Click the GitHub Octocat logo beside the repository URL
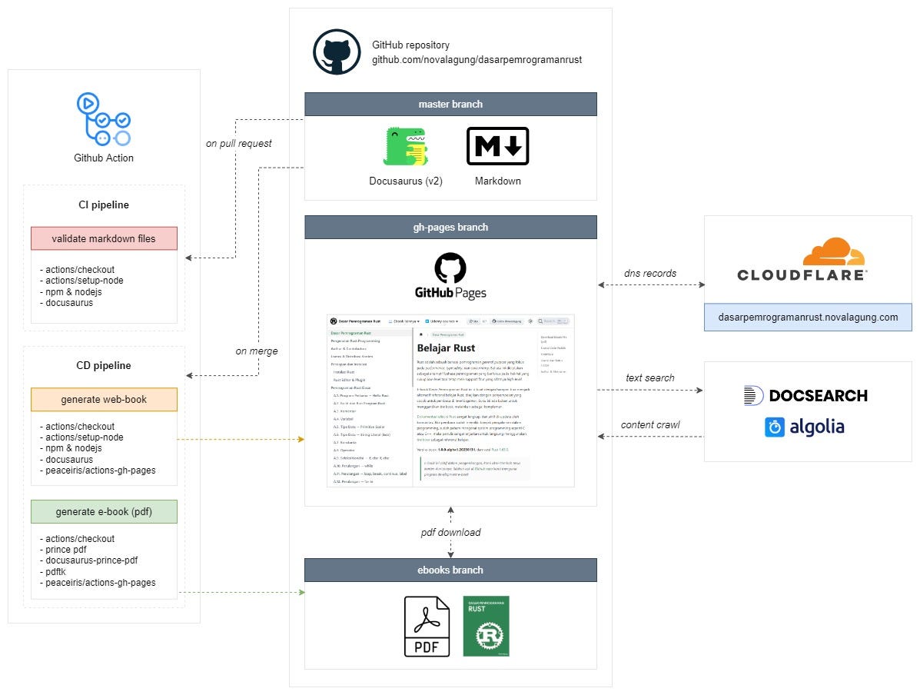coord(337,52)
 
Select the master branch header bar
coord(450,104)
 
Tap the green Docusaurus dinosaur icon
coord(405,147)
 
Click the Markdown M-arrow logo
coord(497,146)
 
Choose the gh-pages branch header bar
coord(450,227)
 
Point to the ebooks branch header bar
coord(450,570)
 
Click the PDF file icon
coord(427,626)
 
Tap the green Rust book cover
coord(486,626)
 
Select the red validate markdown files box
coord(104,238)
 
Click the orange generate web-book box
coord(104,400)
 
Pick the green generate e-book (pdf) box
coord(104,511)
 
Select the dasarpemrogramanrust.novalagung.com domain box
coord(808,317)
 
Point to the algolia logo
coord(804,427)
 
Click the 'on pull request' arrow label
coord(239,143)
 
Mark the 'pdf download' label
coord(450,532)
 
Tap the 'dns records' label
coord(650,273)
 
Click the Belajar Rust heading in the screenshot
coord(447,348)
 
